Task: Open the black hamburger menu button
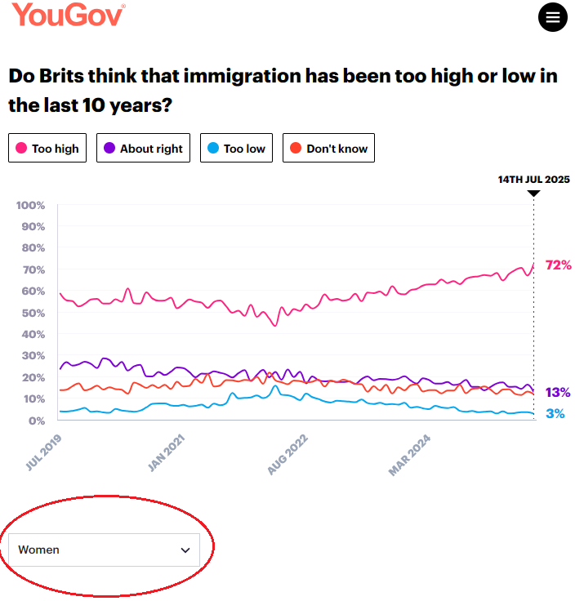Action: coord(553,17)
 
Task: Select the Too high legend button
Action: coord(47,149)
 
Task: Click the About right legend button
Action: coord(143,149)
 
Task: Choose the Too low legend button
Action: coord(236,149)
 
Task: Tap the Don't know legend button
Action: coord(328,149)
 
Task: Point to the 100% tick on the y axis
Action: coord(30,204)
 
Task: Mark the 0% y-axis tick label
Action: coord(35,421)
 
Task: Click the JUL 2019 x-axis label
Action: coord(44,451)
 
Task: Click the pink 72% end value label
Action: coord(559,265)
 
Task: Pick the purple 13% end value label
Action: coord(558,392)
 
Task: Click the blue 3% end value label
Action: coord(555,414)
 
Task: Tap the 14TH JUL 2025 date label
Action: coord(534,180)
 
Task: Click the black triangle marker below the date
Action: coord(533,194)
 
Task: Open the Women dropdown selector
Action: coord(105,550)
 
